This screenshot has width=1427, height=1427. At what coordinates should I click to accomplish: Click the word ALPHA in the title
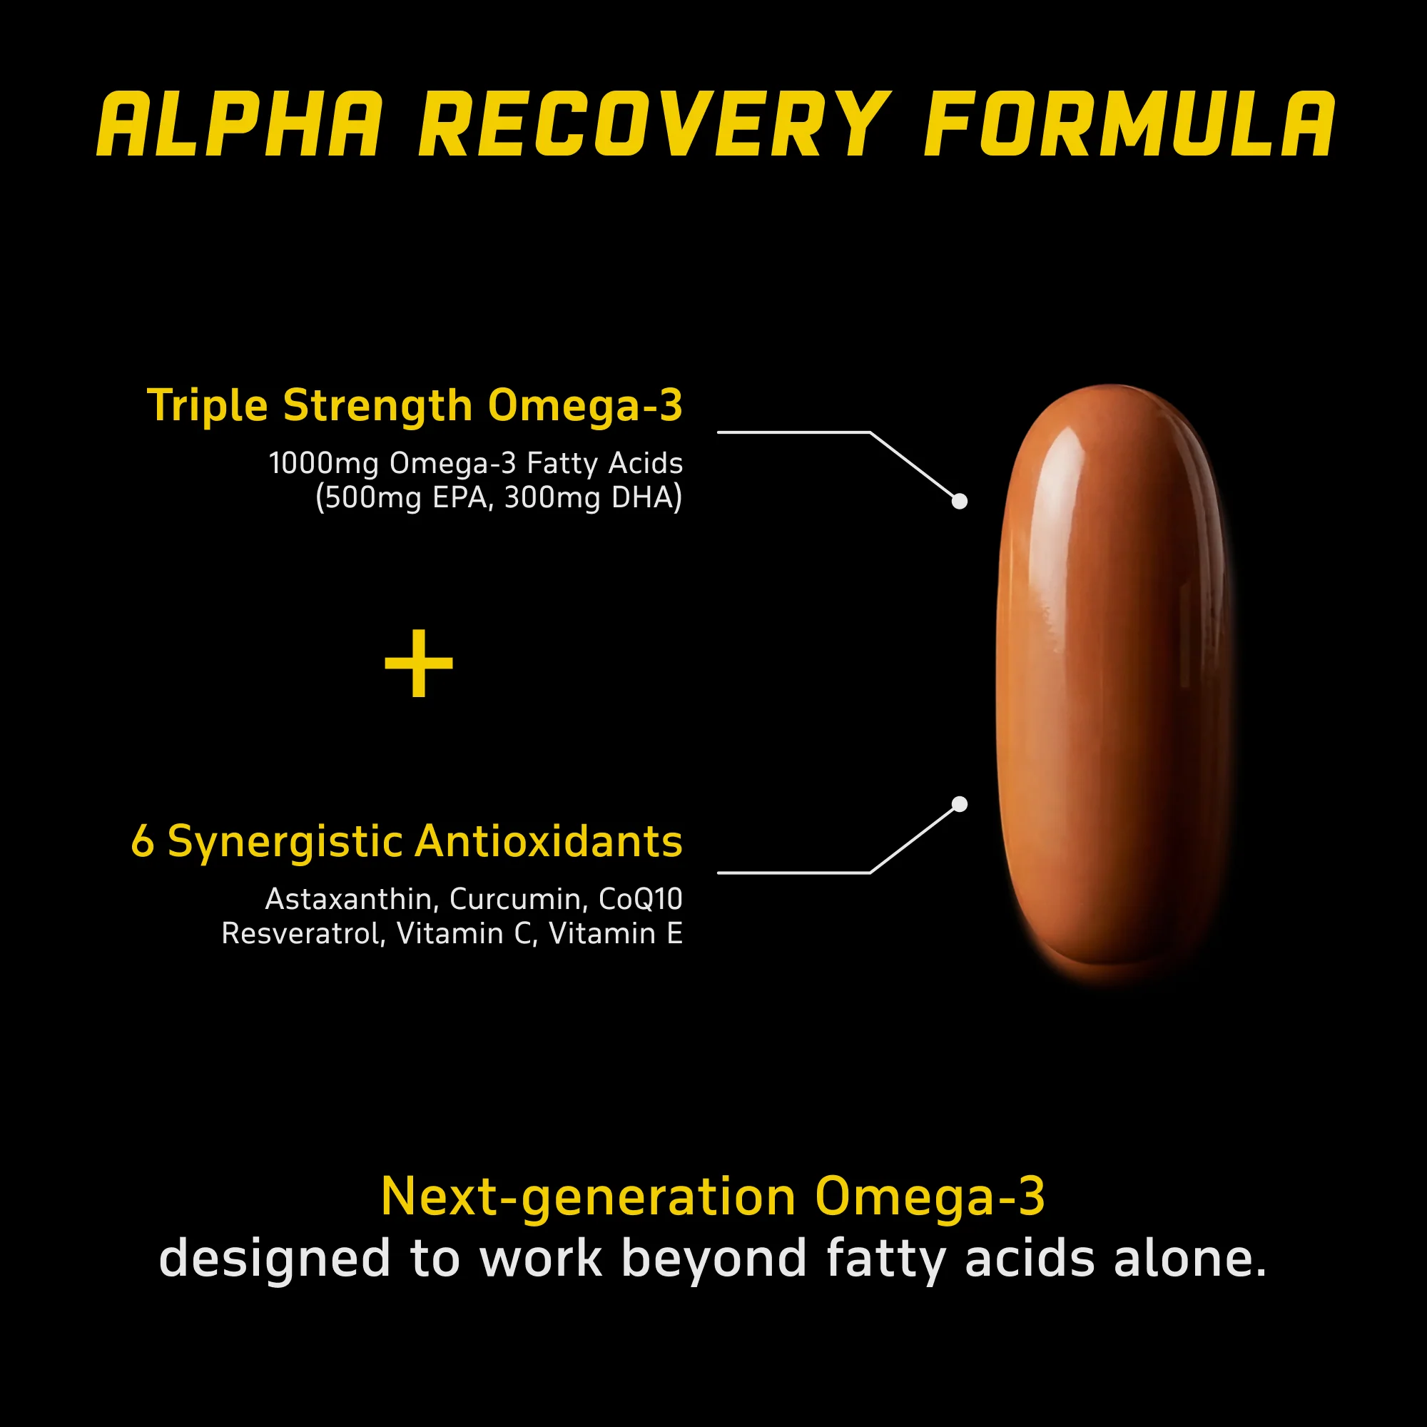coord(240,125)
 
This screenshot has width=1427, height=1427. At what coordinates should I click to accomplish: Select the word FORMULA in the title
coord(1129,125)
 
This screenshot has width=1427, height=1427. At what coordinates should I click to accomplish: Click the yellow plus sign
coord(419,663)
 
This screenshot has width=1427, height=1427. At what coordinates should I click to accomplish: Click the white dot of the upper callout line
coord(960,502)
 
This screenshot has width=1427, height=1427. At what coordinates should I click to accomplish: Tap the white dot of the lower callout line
coord(960,804)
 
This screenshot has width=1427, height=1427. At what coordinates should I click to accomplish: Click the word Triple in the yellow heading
coord(208,407)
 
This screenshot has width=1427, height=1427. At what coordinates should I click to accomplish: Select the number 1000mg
coord(323,464)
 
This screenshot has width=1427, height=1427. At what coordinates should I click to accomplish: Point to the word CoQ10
coord(641,900)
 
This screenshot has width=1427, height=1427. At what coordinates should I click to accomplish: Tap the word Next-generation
coord(588,1197)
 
